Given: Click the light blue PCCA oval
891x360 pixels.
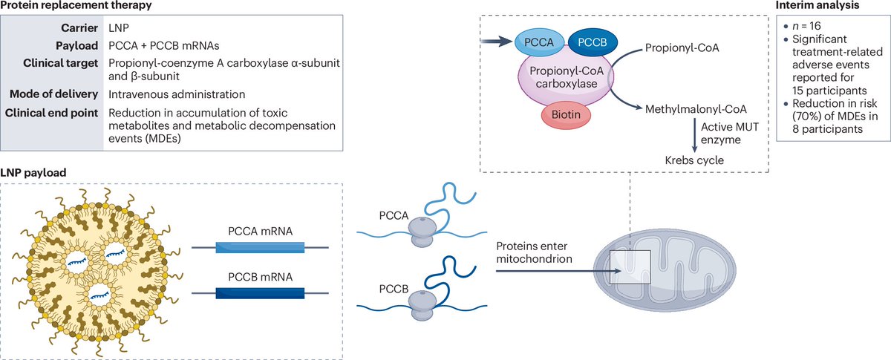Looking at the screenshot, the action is [539, 42].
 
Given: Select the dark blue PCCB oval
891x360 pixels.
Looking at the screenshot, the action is [593, 42].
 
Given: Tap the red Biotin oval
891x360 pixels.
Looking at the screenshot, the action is [566, 114].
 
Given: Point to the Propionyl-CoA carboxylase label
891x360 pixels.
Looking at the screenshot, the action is [567, 77].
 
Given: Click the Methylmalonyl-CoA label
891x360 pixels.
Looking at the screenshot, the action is [696, 109].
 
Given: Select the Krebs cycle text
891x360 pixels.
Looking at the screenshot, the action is [694, 160].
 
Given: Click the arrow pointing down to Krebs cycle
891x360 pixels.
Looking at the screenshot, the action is [694, 136].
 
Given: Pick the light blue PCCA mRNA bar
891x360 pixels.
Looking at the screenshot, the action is [260, 247].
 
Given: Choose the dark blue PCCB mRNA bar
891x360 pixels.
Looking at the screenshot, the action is [260, 293].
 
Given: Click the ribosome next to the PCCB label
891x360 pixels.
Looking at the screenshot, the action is [422, 306].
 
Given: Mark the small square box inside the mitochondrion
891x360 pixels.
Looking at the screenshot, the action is [630, 267].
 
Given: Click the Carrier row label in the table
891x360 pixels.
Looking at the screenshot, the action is [79, 28].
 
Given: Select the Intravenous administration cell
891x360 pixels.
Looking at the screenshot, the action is [177, 94].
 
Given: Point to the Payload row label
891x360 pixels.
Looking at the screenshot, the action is [76, 46].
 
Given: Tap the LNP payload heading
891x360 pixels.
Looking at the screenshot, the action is [33, 173].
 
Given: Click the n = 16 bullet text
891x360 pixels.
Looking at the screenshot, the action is [806, 26].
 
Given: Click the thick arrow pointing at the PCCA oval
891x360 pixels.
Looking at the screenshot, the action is [497, 41].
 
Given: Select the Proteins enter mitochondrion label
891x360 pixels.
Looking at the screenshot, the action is [534, 252].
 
